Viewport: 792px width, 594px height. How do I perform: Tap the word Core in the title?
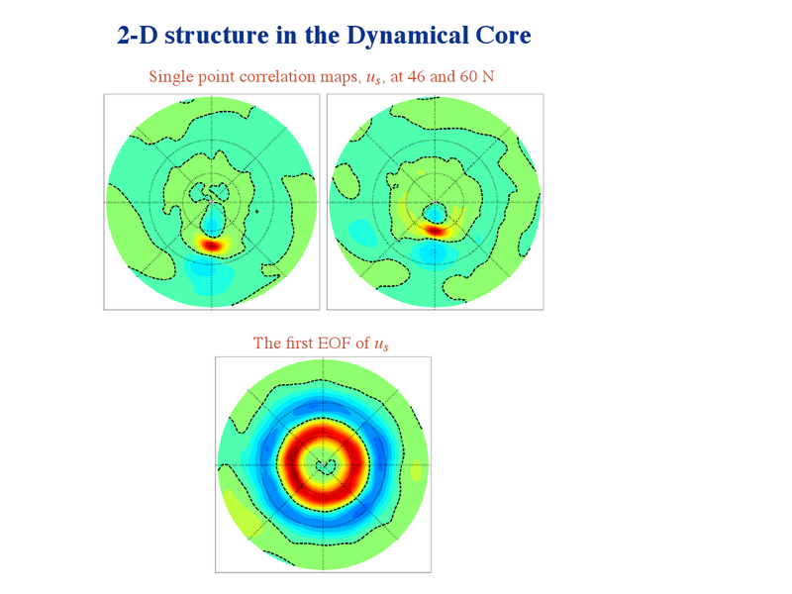503,36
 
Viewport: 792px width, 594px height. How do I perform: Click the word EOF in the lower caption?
335,343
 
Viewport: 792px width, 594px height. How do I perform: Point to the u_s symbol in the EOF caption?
381,345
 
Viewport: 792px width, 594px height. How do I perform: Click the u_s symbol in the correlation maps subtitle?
374,78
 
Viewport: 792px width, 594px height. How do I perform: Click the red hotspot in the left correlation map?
212,246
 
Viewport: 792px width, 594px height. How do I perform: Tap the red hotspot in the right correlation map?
435,231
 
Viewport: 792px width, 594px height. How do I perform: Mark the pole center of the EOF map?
324,464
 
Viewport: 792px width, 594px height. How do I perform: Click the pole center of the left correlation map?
212,202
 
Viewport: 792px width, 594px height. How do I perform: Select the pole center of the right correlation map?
435,202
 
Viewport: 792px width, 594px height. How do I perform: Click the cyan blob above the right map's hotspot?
435,214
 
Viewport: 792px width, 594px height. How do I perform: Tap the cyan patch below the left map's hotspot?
208,269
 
